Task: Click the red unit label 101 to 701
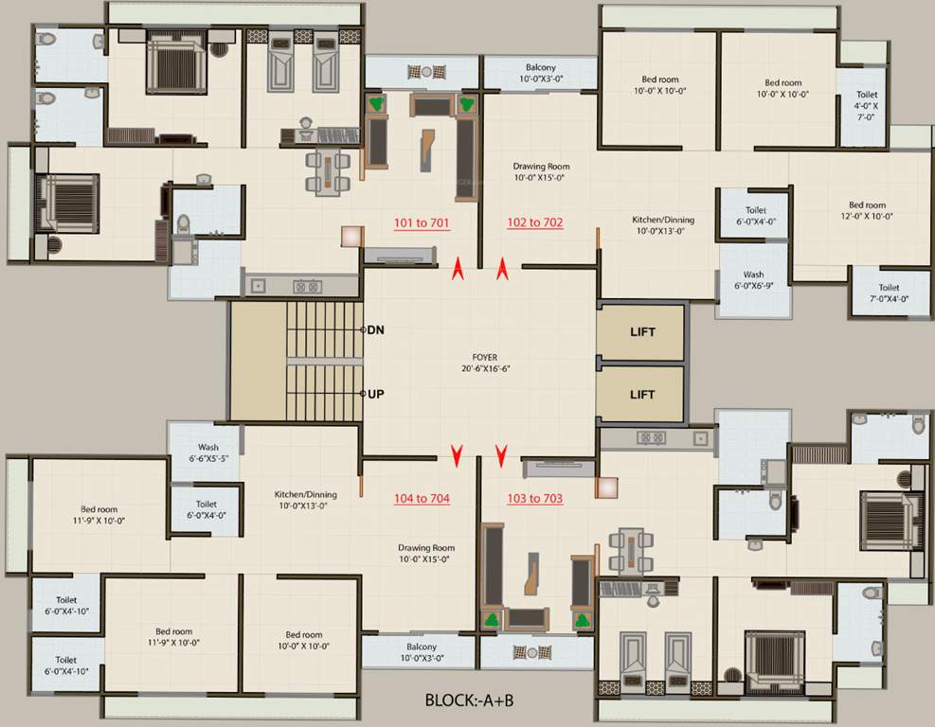422,223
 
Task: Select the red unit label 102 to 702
535,223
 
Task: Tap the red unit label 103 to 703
535,498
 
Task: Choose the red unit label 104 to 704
422,498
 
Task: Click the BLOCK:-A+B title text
470,702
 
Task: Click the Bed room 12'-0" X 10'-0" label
867,210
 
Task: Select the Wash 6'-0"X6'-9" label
753,281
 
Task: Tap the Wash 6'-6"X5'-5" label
208,453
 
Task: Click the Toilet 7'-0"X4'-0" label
888,293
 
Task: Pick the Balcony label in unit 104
420,652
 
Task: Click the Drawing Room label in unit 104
425,554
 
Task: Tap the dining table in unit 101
328,173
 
